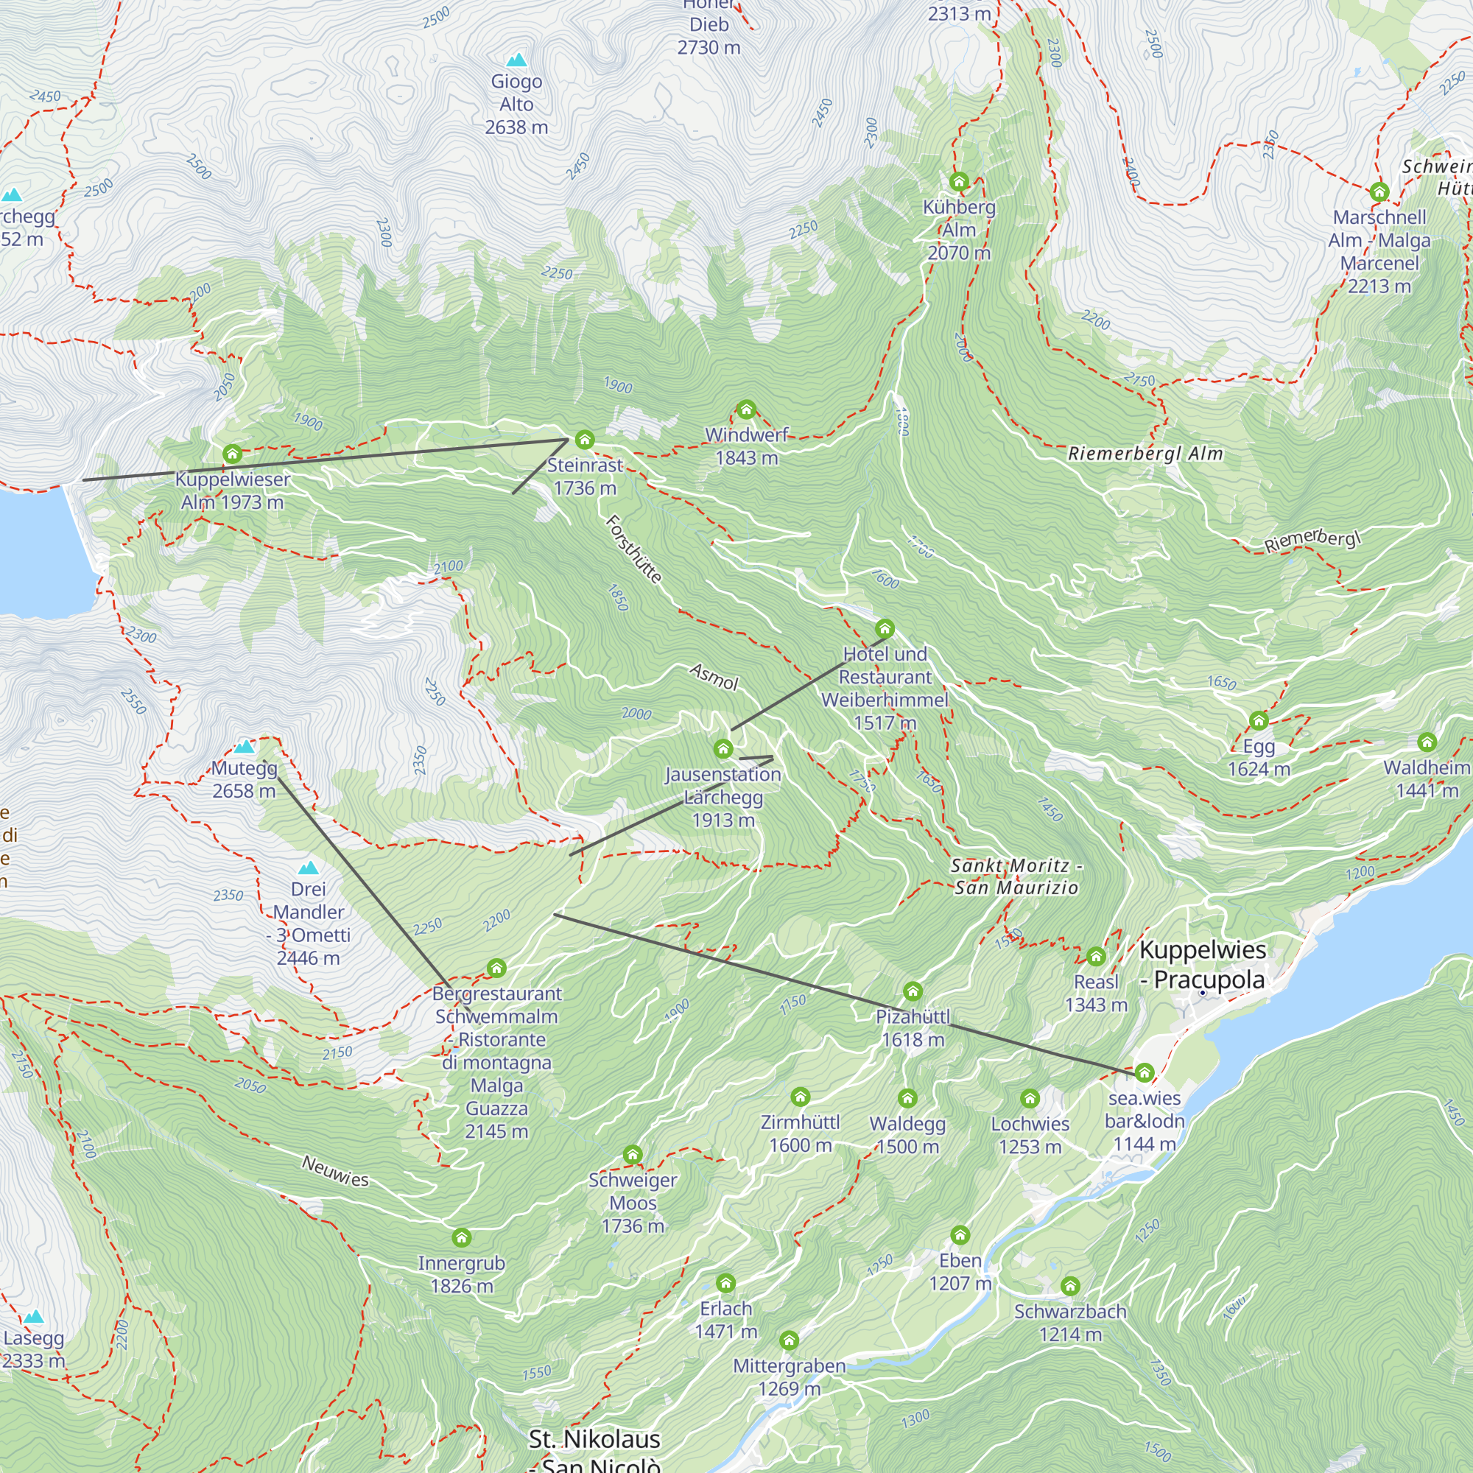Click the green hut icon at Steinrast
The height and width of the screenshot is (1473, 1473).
click(585, 440)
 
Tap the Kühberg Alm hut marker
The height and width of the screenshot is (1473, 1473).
click(959, 182)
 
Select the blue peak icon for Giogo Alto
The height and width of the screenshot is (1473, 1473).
click(517, 60)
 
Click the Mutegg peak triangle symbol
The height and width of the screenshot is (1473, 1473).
click(244, 746)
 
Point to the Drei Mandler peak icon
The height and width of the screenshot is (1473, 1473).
click(308, 868)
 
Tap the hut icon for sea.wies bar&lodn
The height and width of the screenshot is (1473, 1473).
click(1145, 1074)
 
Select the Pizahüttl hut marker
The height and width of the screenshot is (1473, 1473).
click(913, 992)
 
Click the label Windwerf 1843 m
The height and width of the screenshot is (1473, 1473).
click(746, 446)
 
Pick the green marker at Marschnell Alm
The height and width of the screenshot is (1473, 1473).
click(1379, 192)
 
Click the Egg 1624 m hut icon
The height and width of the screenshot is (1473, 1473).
click(1259, 720)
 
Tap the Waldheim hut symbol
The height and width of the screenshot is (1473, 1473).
click(1427, 742)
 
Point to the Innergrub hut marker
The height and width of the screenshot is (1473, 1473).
click(461, 1237)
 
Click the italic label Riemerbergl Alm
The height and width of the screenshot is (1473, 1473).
click(1145, 454)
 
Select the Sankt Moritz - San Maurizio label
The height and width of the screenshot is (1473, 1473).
click(1016, 876)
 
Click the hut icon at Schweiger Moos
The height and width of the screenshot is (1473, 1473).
click(633, 1154)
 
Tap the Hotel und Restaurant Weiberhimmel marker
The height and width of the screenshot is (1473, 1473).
click(885, 629)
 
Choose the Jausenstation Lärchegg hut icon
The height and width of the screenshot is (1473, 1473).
click(723, 750)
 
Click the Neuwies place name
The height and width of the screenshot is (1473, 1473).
click(335, 1171)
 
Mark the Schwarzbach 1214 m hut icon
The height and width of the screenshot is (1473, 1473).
click(1070, 1286)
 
